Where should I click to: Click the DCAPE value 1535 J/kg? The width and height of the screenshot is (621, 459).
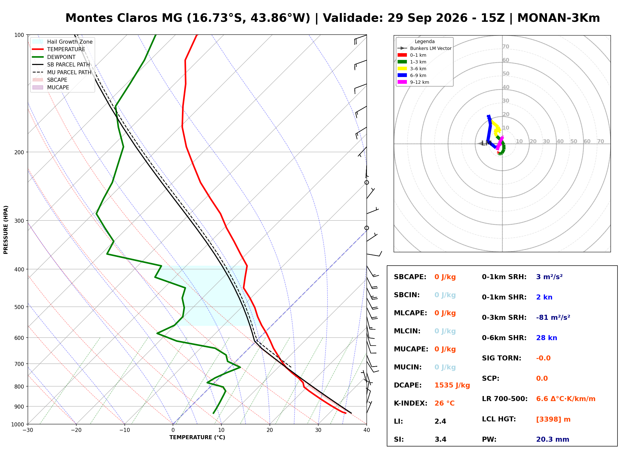click(452, 385)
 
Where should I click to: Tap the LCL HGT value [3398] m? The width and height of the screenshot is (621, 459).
click(553, 419)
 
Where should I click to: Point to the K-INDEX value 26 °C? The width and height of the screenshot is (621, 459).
click(445, 403)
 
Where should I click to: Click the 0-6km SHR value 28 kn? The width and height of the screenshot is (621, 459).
click(546, 338)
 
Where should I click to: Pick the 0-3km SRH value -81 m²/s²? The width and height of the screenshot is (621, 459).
click(553, 317)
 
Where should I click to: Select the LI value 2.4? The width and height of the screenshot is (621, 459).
click(440, 421)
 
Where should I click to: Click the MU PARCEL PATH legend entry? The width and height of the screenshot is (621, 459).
click(62, 72)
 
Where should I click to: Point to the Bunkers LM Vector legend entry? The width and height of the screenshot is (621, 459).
click(424, 48)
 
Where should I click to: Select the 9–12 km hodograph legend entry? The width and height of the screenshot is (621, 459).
click(413, 82)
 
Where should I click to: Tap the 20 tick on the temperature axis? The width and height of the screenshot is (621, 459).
click(270, 430)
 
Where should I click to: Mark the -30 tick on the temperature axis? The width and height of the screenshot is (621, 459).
click(28, 430)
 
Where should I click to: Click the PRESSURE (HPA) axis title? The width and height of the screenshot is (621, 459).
click(6, 230)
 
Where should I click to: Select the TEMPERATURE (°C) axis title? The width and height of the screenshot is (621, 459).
click(197, 437)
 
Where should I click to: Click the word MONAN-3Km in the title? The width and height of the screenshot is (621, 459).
click(559, 18)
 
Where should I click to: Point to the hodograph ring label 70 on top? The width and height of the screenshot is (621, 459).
click(506, 47)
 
